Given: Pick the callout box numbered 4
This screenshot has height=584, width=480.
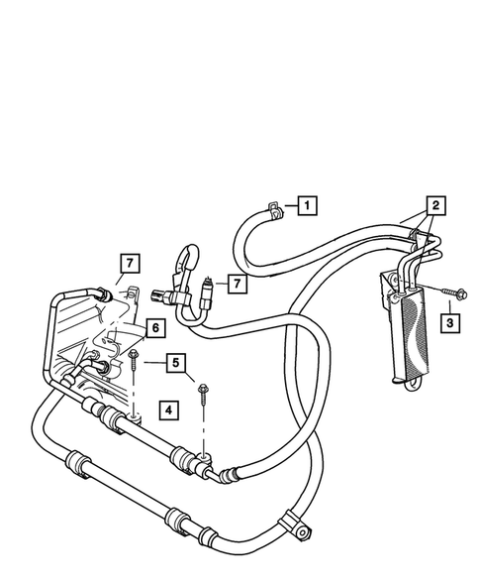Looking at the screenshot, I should pyautogui.click(x=169, y=409).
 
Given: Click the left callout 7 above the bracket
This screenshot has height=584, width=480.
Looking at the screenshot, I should pyautogui.click(x=128, y=264).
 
